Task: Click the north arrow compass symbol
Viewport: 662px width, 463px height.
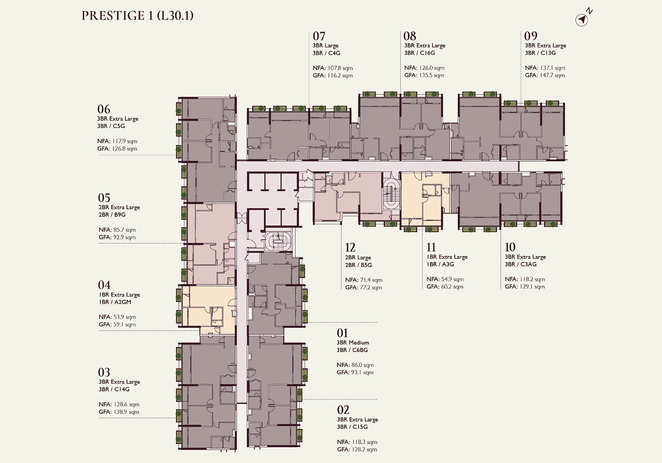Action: [582, 20]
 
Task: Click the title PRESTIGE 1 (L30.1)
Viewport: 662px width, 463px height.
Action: [137, 16]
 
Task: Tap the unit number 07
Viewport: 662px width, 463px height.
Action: [319, 36]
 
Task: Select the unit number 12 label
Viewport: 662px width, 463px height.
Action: [350, 247]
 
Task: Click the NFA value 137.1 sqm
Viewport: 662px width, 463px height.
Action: [553, 68]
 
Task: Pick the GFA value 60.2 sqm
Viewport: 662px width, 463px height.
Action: [450, 287]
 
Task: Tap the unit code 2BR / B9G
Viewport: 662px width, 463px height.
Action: [112, 215]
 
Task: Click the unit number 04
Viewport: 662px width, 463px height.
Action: [104, 285]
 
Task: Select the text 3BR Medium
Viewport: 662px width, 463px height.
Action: [353, 343]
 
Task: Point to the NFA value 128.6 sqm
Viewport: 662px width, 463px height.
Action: [126, 405]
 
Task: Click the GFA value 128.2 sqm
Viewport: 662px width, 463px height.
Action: [364, 450]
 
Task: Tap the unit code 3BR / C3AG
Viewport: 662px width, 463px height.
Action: [521, 264]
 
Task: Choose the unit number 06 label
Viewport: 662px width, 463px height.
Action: [104, 109]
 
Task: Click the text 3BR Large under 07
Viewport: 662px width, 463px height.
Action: [325, 46]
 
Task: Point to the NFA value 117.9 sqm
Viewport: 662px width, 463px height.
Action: [125, 141]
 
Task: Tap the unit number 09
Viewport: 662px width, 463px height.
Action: [531, 36]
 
